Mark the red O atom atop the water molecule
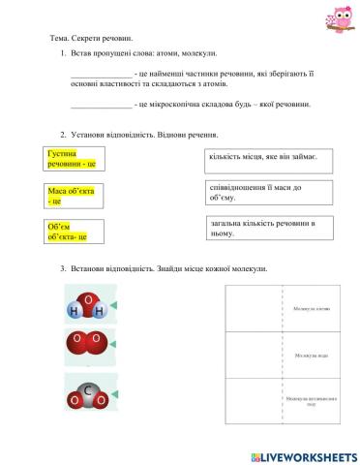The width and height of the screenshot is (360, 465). coord(87,298)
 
